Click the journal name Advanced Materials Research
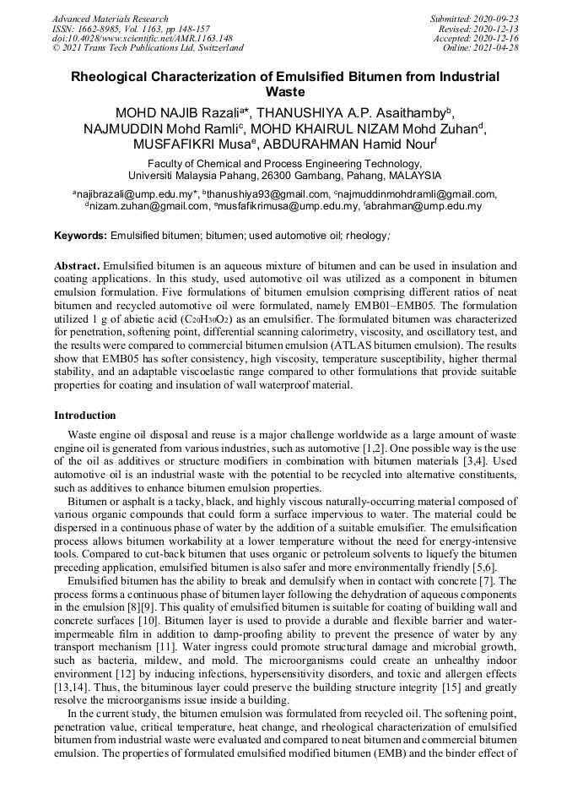point(110,19)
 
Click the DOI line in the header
point(143,38)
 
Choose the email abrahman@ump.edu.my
point(433,205)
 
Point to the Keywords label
point(80,233)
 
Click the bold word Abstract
point(77,264)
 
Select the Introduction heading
point(85,416)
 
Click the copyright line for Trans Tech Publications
point(148,47)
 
